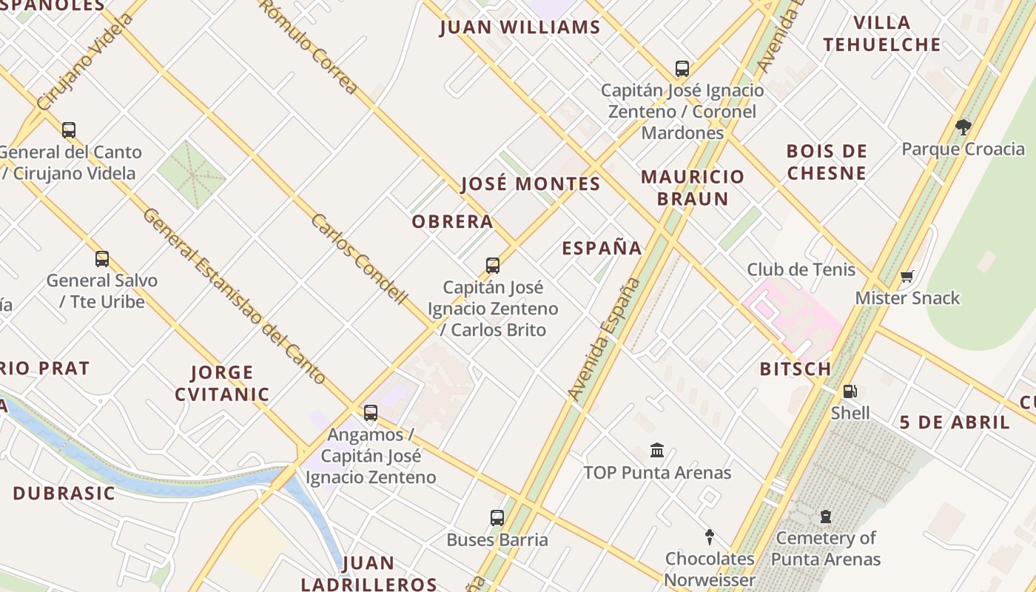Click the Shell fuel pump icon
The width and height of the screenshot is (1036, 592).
850,391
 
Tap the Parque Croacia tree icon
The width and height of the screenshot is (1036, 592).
963,127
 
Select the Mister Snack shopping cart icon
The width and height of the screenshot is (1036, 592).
907,277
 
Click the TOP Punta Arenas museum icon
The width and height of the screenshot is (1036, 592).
657,450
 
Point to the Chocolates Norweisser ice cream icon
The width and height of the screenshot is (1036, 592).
710,536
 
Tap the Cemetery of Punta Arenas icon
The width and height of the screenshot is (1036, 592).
826,517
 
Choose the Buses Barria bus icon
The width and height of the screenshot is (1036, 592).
497,518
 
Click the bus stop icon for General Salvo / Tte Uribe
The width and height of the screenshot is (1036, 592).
102,259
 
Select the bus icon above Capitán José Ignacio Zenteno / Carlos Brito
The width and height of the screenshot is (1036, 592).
493,266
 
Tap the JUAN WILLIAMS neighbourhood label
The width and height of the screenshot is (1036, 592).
519,28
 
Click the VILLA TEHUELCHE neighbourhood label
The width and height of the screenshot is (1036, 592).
881,33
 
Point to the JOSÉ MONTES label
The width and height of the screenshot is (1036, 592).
531,184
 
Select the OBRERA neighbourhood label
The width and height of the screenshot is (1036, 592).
452,221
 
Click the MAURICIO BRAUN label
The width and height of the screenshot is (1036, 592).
693,187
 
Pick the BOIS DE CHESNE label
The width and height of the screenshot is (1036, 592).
827,162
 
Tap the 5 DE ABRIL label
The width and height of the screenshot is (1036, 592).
955,423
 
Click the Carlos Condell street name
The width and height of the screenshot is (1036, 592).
360,259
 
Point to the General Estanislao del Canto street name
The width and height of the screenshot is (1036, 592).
234,296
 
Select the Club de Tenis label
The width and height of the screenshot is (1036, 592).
801,269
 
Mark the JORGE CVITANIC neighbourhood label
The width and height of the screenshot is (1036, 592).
222,383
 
